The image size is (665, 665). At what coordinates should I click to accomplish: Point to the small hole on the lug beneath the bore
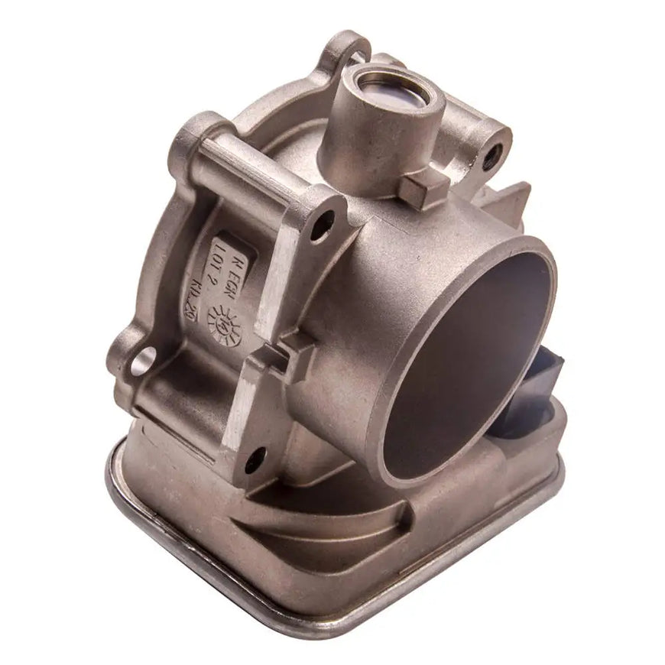256,459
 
